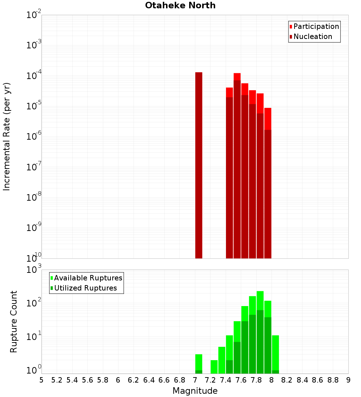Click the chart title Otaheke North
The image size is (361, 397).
point(180,5)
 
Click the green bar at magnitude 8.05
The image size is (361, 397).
point(275,354)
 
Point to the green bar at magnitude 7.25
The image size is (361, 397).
point(214,367)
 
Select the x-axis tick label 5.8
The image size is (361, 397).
point(103,380)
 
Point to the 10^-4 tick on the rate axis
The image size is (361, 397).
point(34,76)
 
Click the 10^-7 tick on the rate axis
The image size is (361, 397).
point(34,167)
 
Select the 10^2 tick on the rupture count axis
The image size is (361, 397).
point(34,303)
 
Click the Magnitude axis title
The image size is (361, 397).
point(195,391)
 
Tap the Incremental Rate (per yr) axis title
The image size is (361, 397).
point(7,136)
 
